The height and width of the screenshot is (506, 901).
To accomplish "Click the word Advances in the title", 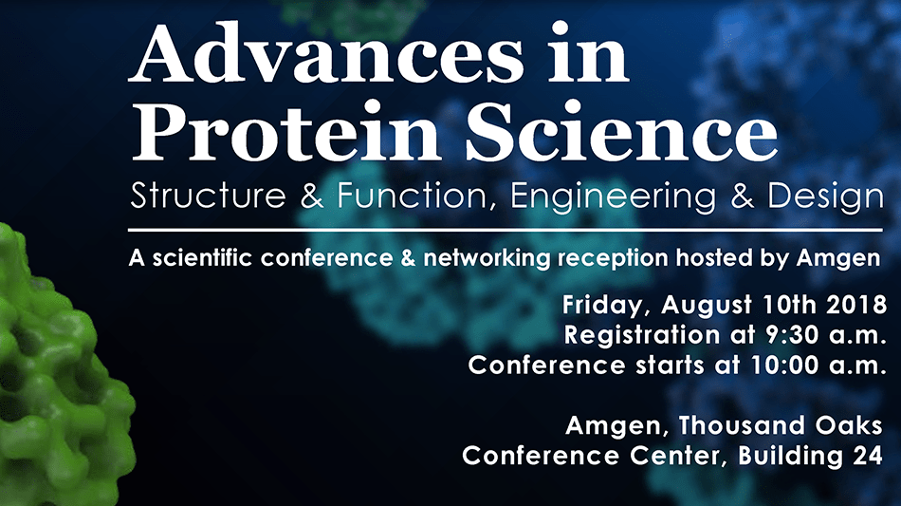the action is [326, 53].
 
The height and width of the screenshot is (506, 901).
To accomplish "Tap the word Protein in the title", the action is [286, 130].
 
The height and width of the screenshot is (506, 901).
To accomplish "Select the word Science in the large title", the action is [622, 130].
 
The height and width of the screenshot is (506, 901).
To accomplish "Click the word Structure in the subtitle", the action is [208, 196].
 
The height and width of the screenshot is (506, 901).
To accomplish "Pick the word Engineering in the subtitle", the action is [613, 197].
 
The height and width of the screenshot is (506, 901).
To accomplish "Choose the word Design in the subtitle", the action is [825, 197].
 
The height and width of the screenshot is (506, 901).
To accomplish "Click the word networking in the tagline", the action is [487, 258].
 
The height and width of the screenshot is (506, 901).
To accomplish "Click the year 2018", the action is [856, 304].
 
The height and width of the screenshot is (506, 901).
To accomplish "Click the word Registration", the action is [642, 335].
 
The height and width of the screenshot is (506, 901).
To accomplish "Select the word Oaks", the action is [849, 425].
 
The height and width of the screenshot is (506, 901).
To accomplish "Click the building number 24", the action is [868, 456].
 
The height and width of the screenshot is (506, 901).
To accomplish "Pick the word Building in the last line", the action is [791, 457].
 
